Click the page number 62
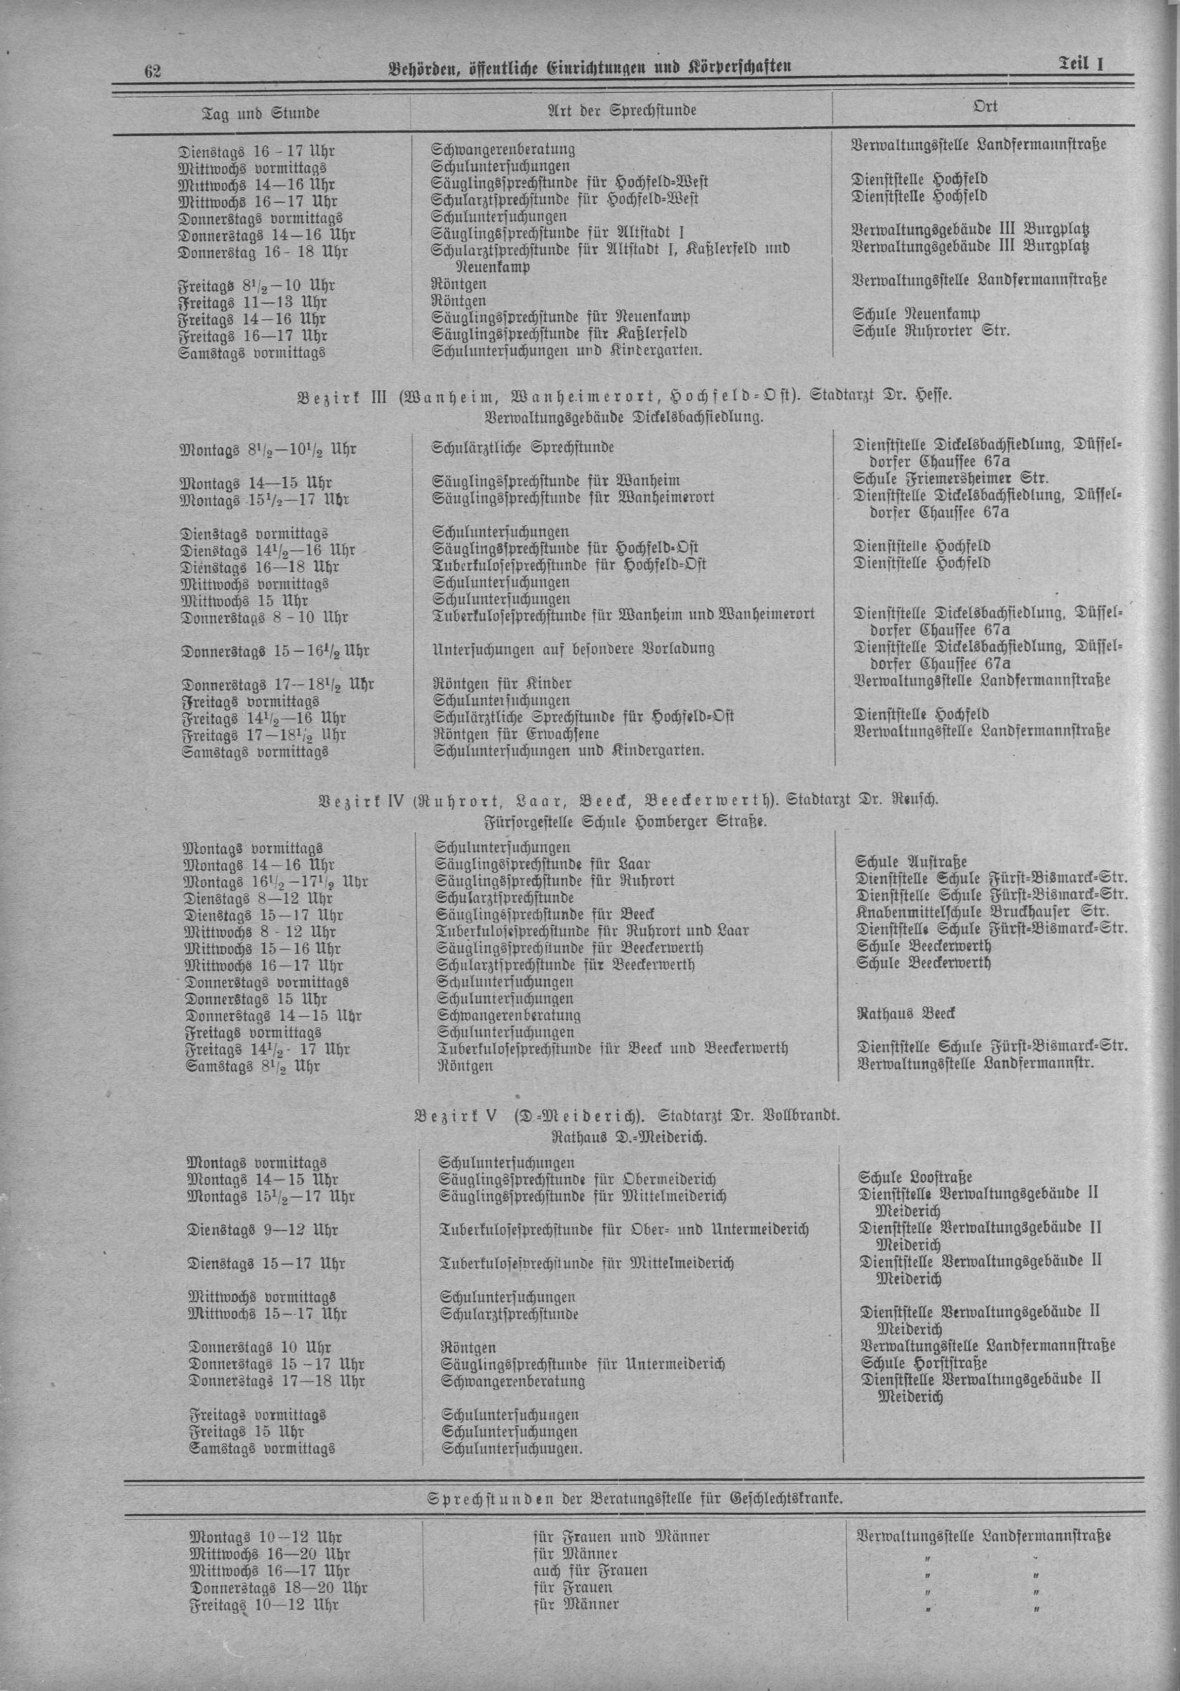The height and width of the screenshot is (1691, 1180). (x=153, y=72)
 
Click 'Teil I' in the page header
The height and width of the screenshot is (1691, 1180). (x=1082, y=65)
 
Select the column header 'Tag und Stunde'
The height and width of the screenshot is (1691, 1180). (x=261, y=114)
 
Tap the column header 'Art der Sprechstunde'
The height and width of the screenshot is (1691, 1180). (x=622, y=110)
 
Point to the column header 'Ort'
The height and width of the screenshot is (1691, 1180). (x=985, y=107)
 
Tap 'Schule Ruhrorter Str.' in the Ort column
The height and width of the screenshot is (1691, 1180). (x=931, y=330)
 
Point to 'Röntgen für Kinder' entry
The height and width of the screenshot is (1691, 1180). (x=503, y=683)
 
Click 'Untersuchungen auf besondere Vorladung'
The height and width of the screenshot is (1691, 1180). (x=573, y=649)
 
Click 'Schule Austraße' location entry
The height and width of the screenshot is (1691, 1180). (x=911, y=861)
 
